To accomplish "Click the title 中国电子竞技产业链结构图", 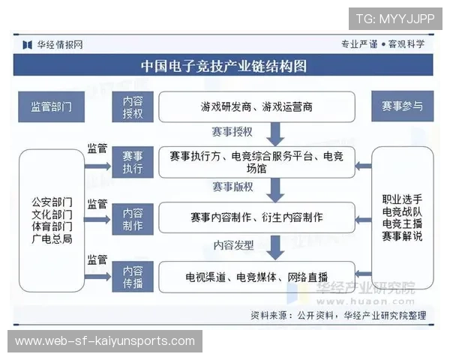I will [224, 66].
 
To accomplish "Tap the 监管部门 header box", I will [52, 107].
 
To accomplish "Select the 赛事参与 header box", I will [402, 107].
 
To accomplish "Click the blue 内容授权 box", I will [133, 107].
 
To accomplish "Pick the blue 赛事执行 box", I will [133, 163].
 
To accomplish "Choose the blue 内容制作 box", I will [133, 217].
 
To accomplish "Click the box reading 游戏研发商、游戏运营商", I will [256, 107].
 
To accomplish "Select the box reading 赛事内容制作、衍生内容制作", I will [256, 217].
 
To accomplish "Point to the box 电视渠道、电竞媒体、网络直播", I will [256, 276].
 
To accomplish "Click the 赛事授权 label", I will [232, 132].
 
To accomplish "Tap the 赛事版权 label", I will [232, 187].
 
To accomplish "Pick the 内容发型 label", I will [233, 244].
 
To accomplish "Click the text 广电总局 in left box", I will [52, 239].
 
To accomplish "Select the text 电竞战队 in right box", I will [402, 211].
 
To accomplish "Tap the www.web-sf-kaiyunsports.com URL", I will [105, 341].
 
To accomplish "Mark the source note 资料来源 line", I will [337, 316].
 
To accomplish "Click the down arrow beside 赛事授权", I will [275, 133].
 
